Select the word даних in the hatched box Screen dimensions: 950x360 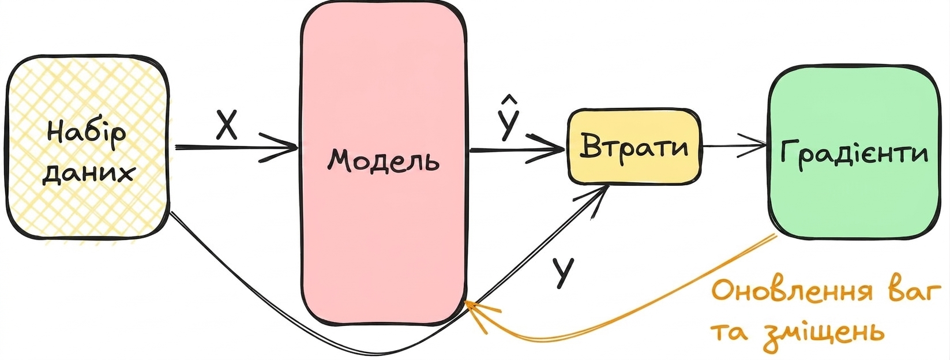[x=88, y=174]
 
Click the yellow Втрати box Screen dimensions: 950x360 [x=634, y=147]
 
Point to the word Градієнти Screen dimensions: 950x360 [x=854, y=153]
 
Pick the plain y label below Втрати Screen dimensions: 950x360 [x=563, y=273]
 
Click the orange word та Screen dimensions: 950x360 [x=730, y=333]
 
